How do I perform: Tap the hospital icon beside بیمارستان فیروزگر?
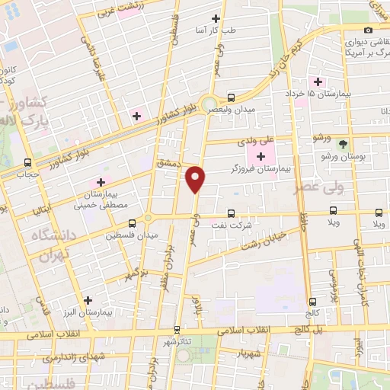point(262,157)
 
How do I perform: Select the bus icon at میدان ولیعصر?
point(231,97)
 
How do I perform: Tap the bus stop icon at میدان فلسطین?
point(133,223)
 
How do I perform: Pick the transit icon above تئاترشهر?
point(177,329)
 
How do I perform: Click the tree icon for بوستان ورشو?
point(343,143)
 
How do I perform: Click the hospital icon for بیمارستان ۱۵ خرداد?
point(317,82)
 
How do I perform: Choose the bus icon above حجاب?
point(28,162)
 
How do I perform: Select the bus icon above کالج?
point(312,302)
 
